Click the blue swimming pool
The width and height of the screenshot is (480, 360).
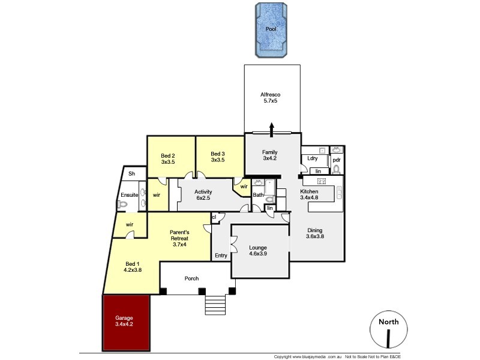pyautogui.click(x=271, y=29)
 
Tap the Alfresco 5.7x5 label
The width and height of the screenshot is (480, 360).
pyautogui.click(x=271, y=98)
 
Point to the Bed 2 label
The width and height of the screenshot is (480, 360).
pyautogui.click(x=168, y=158)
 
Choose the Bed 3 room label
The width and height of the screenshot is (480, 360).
pyautogui.click(x=218, y=157)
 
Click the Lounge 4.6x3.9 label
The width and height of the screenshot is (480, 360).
pyautogui.click(x=262, y=251)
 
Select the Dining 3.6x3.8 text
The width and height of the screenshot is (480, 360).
pyautogui.click(x=316, y=233)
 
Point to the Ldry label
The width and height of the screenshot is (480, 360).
pyautogui.click(x=312, y=158)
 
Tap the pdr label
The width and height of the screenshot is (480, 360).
pyautogui.click(x=337, y=160)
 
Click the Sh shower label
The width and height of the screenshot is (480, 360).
pyautogui.click(x=131, y=174)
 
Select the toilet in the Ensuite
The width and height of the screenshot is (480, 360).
pyautogui.click(x=124, y=204)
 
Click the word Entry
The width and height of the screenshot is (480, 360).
pyautogui.click(x=221, y=256)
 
